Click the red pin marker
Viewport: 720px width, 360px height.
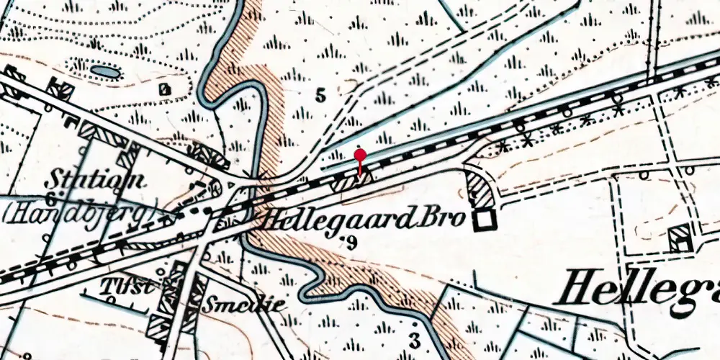(x=361, y=154)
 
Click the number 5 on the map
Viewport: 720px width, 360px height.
(x=320, y=94)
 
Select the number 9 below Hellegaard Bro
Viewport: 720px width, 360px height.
(x=351, y=243)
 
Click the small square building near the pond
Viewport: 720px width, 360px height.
(x=166, y=89)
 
